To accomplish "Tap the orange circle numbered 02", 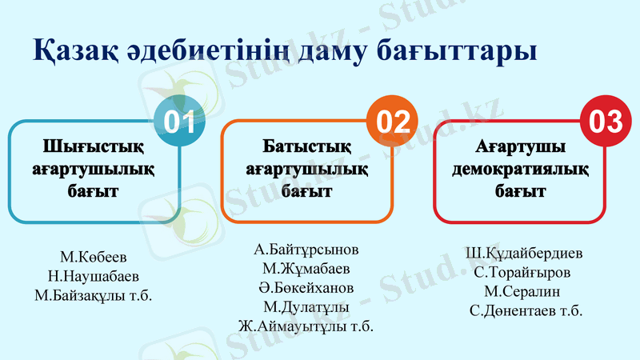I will click(393, 122).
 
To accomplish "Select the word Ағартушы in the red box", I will click(520, 147).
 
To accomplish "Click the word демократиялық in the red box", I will click(520, 170).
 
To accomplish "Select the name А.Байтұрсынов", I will click(306, 249).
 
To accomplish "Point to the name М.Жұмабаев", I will click(306, 268).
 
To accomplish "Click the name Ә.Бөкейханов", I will click(306, 287).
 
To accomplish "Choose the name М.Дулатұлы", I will click(306, 306).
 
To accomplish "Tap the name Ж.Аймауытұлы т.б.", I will click(306, 326).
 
